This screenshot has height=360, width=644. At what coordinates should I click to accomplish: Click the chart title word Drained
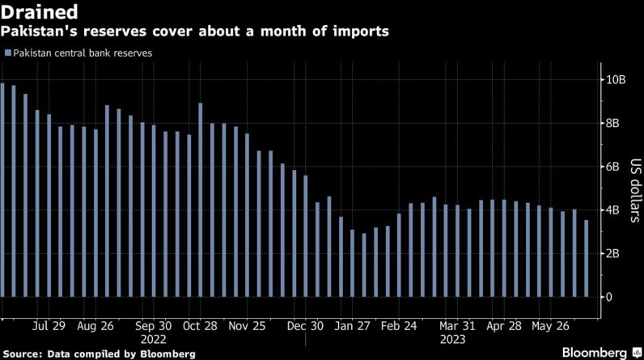coord(40,12)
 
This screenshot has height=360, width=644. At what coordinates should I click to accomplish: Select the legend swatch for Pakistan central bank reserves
coord(8,53)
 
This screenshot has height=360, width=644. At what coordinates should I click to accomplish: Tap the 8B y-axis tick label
coord(615,123)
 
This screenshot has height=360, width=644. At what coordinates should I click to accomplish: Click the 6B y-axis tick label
coord(615,167)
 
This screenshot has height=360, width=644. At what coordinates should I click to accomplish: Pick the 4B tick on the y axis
coord(615,210)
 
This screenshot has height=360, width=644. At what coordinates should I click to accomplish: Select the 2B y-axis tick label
coord(615,253)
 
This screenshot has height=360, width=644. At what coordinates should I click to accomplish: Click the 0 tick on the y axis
coord(611,297)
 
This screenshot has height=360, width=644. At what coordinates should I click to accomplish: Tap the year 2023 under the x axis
coord(452,340)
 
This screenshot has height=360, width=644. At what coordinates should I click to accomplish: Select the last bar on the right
coord(587,258)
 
